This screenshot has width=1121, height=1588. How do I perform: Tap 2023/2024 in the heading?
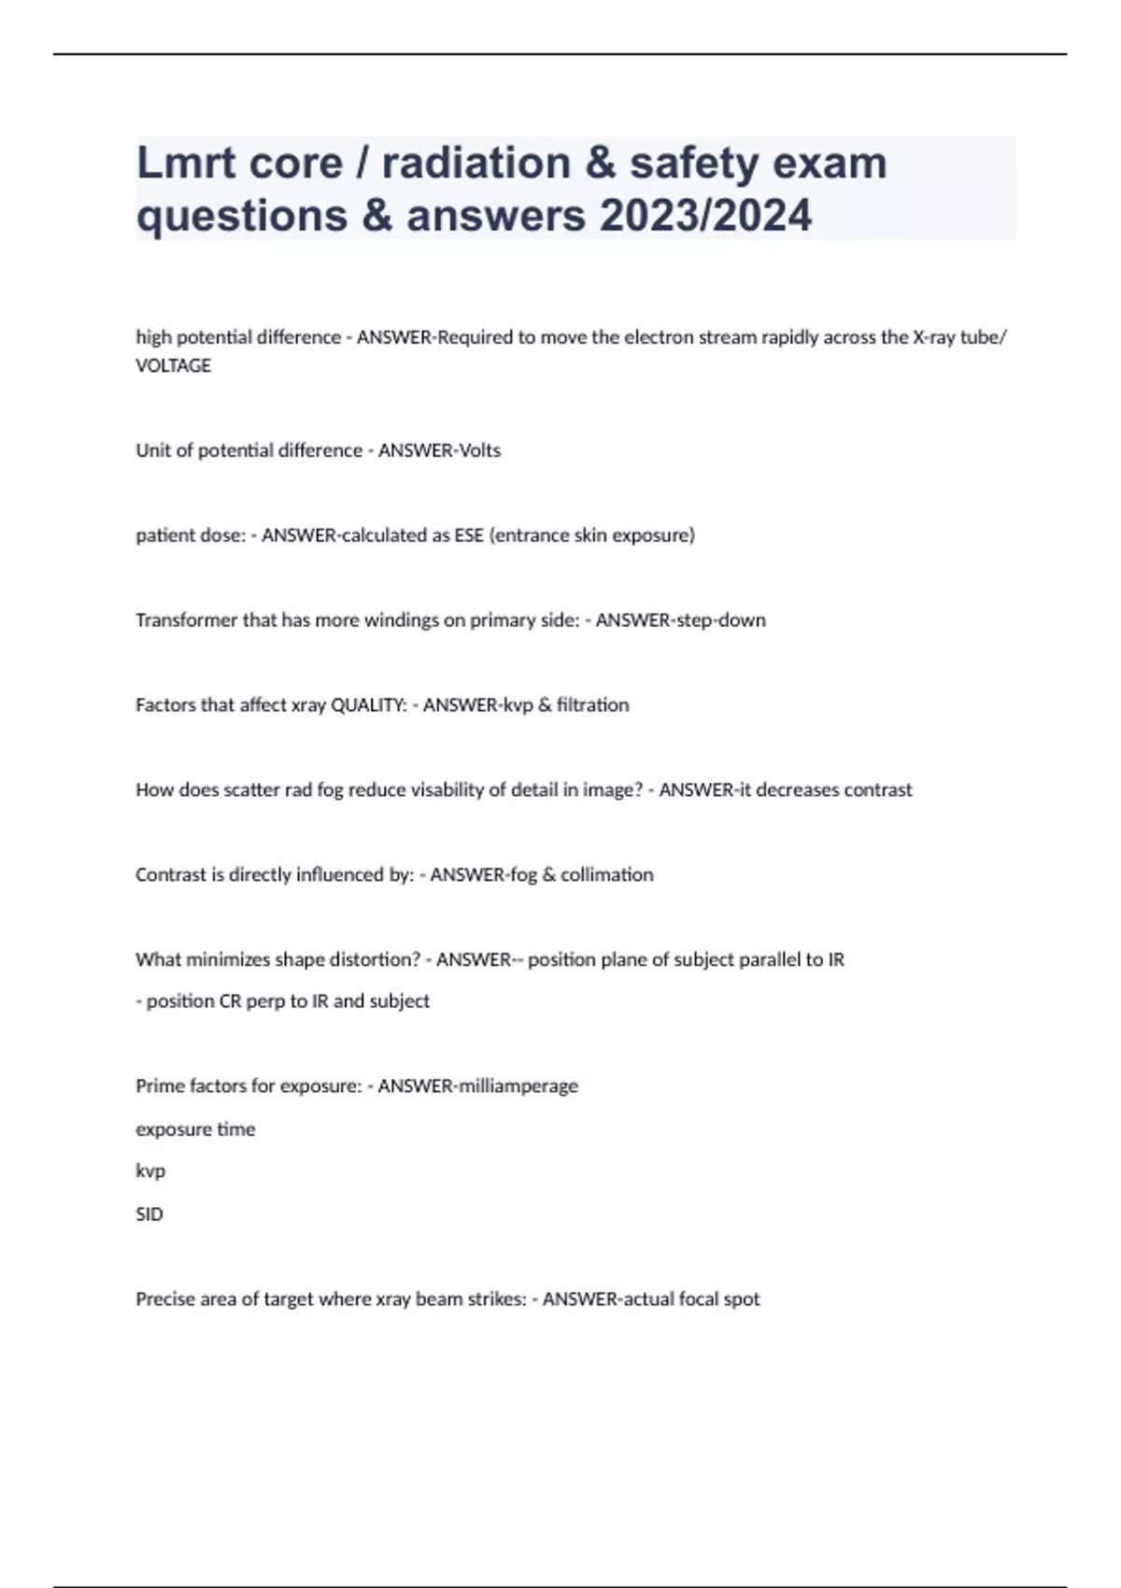[705, 216]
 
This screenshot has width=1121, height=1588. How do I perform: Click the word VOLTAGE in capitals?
[174, 366]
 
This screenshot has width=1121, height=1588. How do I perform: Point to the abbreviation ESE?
[469, 535]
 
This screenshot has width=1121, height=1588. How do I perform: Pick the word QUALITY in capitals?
[368, 705]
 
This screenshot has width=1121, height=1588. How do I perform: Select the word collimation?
[606, 875]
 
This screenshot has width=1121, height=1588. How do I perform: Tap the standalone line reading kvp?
[150, 1171]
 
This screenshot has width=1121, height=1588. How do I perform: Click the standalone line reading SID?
[149, 1214]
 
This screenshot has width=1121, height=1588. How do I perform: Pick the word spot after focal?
[741, 1299]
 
